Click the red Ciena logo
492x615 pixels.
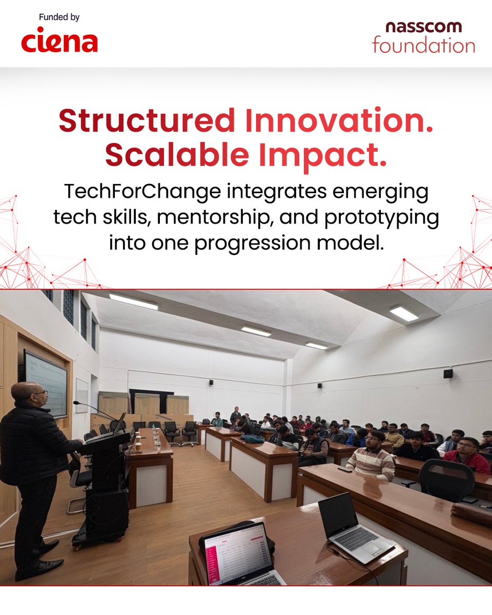(x=59, y=42)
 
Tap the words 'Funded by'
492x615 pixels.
(x=59, y=18)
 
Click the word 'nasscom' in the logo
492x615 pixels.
(x=423, y=27)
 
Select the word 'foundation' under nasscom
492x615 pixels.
(x=423, y=45)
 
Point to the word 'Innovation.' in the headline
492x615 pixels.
(x=339, y=121)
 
